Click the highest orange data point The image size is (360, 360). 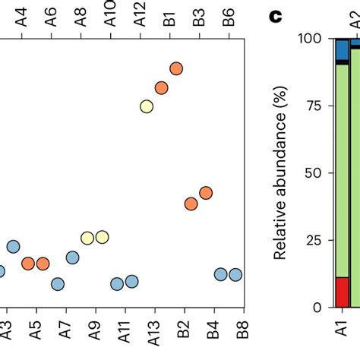pyautogui.click(x=176, y=68)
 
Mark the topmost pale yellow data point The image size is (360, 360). pyautogui.click(x=147, y=106)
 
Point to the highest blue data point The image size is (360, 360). pyautogui.click(x=14, y=246)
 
